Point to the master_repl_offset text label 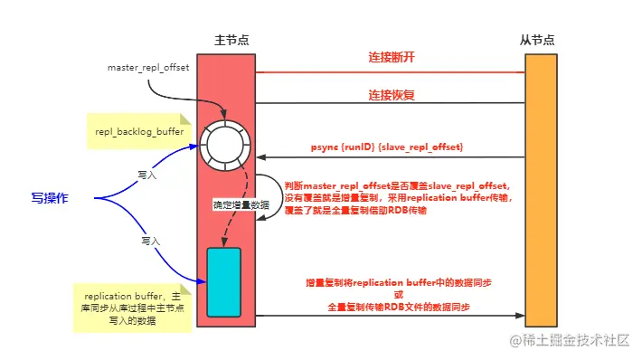147,68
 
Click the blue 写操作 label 51,197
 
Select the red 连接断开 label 392,57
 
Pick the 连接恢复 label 392,93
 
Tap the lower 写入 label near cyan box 150,242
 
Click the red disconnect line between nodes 389,72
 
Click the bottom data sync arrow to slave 389,316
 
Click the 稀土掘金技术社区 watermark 571,341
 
